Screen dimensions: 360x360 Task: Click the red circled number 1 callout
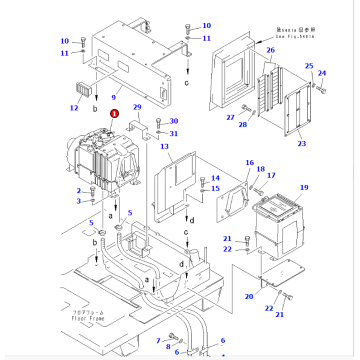(x=114, y=115)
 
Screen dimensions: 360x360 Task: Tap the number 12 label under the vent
(x=71, y=105)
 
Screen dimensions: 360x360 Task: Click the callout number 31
(x=174, y=134)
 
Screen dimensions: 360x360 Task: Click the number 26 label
(x=270, y=49)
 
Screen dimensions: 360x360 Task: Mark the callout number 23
(x=303, y=143)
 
